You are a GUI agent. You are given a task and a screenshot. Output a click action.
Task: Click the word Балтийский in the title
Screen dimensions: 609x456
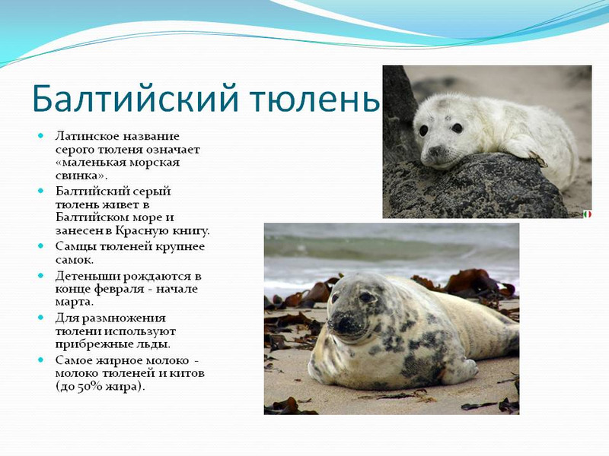pyautogui.click(x=135, y=98)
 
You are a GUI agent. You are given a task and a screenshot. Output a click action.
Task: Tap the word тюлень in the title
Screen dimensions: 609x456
pyautogui.click(x=314, y=99)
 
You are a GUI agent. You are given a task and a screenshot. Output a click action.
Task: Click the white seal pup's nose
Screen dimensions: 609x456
pyautogui.click(x=433, y=150)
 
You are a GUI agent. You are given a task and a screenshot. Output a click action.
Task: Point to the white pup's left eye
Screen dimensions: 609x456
pyautogui.click(x=458, y=128)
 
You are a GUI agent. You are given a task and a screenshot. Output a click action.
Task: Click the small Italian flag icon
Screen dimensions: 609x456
pyautogui.click(x=587, y=214)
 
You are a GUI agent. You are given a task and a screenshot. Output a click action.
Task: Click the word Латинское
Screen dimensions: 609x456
pyautogui.click(x=88, y=137)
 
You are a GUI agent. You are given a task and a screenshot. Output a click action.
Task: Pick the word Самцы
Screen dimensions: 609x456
pyautogui.click(x=77, y=247)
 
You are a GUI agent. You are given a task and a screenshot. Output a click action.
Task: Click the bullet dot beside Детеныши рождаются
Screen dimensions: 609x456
pyautogui.click(x=41, y=276)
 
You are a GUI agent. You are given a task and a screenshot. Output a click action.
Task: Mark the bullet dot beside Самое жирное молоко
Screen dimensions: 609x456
pyautogui.click(x=41, y=359)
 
